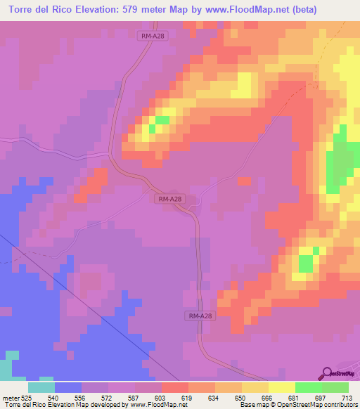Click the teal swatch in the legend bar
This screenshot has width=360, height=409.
point(41,387)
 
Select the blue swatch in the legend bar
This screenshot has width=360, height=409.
point(68,387)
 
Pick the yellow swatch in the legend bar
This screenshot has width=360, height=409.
point(282,387)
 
